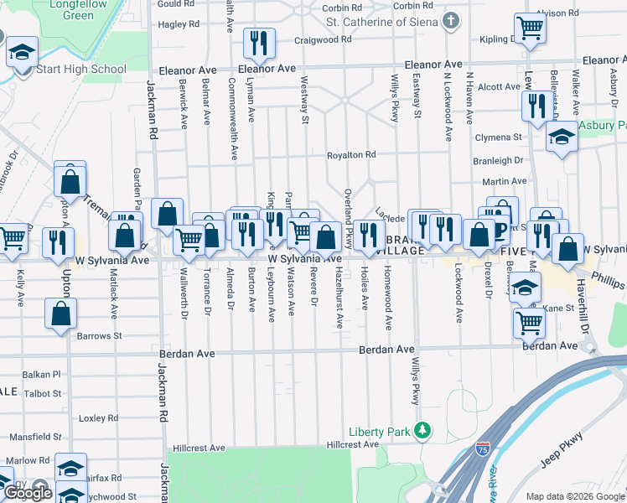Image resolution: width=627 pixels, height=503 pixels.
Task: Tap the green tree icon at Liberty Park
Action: [424, 432]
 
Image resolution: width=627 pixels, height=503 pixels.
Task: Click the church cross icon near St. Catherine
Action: [451, 19]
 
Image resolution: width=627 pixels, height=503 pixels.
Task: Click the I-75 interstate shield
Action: [482, 450]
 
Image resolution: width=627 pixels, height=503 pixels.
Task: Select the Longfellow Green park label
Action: [66, 10]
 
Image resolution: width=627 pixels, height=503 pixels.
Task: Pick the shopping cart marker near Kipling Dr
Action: [530, 29]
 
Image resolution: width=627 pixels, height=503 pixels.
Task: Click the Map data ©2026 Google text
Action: [575, 496]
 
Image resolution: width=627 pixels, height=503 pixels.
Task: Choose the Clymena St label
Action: [497, 137]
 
